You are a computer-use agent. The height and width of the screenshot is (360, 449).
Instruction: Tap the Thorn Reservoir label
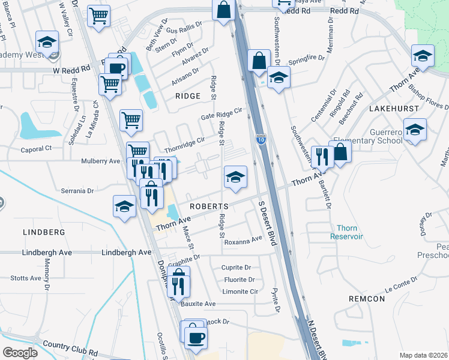[347, 232]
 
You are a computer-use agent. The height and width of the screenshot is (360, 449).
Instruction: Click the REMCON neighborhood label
[366, 298]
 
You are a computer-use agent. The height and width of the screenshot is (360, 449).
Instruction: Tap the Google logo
[20, 352]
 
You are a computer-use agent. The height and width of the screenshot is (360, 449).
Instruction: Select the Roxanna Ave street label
[243, 239]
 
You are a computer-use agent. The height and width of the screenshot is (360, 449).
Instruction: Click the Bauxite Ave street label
[198, 304]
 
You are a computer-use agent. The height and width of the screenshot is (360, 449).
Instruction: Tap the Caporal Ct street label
[37, 148]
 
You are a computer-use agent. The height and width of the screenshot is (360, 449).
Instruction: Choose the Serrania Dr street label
[77, 191]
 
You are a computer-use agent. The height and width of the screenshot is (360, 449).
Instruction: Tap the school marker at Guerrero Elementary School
[414, 130]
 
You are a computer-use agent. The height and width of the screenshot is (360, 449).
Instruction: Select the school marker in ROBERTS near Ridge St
[235, 176]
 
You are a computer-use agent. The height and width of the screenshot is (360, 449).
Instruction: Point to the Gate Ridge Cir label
[221, 112]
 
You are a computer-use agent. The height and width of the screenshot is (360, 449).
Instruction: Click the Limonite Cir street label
[240, 292]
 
